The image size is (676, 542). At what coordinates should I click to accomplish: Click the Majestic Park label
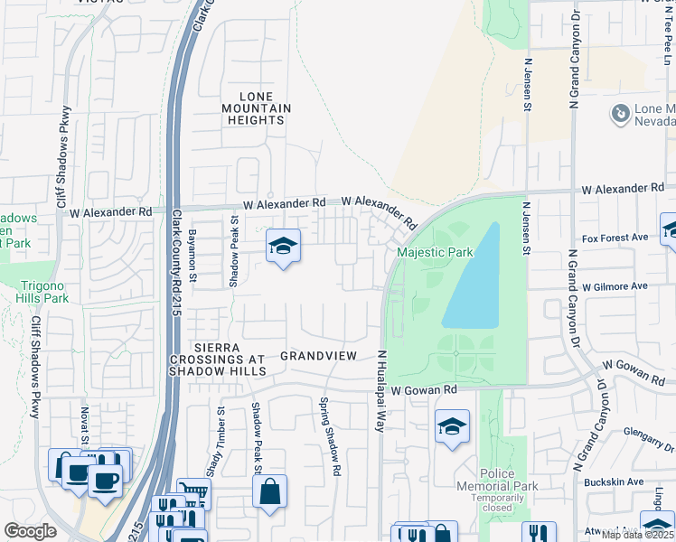[434, 252]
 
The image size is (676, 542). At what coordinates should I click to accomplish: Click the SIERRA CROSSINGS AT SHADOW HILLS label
[217, 360]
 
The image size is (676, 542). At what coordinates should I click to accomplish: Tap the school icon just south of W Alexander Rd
[283, 247]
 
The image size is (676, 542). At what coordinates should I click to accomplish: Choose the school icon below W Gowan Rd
[452, 426]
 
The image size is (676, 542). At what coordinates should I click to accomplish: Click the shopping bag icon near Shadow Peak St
[269, 492]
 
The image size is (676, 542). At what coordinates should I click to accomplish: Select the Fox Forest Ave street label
[615, 238]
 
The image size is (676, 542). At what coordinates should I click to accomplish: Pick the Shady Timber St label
[221, 442]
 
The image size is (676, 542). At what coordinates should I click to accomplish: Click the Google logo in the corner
[30, 531]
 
